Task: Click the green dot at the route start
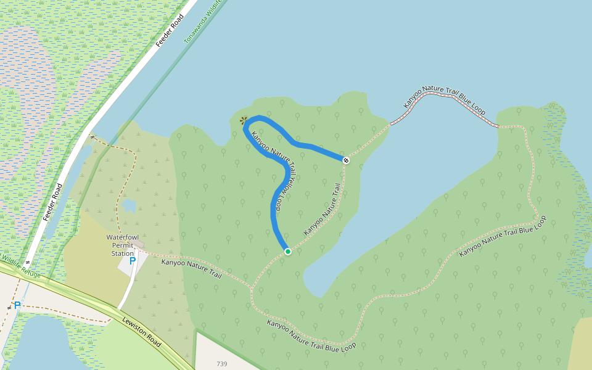(287, 251)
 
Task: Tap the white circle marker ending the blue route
(346, 160)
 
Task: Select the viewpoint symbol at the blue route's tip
(244, 120)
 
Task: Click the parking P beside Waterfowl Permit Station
(132, 261)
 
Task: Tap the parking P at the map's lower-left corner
(17, 305)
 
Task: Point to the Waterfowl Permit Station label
(120, 245)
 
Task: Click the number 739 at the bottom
(222, 364)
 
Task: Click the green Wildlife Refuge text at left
(18, 264)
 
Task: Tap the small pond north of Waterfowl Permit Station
(128, 205)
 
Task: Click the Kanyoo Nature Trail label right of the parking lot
(191, 269)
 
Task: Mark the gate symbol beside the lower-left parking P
(9, 306)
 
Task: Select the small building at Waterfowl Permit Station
(141, 245)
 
